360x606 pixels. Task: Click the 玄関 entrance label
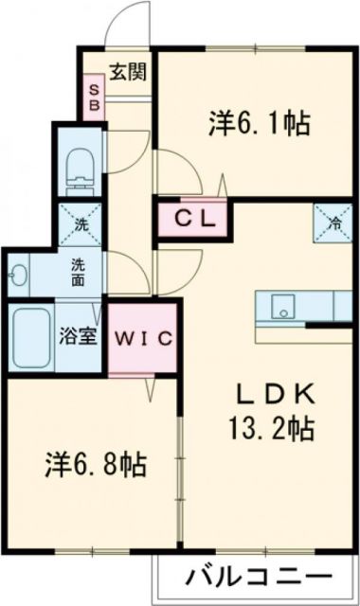pyautogui.click(x=125, y=73)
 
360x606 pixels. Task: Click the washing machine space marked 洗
pyautogui.click(x=79, y=225)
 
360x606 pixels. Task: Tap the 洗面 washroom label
pyautogui.click(x=79, y=274)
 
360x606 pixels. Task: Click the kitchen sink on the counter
pyautogui.click(x=280, y=307)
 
